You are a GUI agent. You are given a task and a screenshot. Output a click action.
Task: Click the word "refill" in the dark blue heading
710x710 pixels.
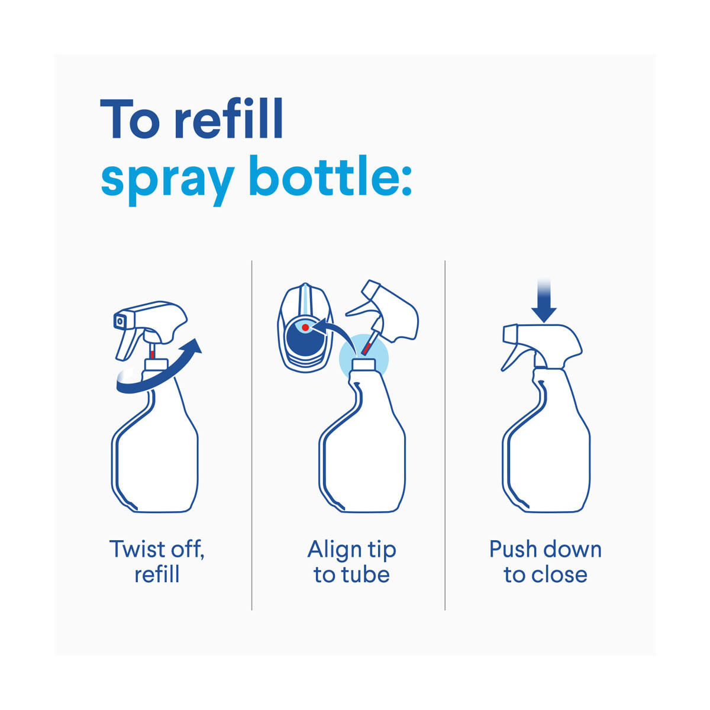coord(229,118)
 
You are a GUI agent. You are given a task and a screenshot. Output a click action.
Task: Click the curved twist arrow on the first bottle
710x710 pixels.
coord(159,376)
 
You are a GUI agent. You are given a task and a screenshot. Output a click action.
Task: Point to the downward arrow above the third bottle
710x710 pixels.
coord(544,301)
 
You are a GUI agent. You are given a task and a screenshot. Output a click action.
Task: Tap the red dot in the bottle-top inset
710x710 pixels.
coord(305,327)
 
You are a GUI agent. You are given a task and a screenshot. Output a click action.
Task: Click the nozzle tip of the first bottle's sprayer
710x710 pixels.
coord(120,321)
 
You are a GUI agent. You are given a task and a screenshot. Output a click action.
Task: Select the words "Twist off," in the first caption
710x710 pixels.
coord(157,550)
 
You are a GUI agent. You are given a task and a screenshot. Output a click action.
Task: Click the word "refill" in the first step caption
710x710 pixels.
coord(157,575)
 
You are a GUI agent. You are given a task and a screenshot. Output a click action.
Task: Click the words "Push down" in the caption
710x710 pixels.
coord(546,550)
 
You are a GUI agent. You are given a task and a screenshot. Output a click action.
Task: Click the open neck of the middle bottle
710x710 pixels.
coord(364,364)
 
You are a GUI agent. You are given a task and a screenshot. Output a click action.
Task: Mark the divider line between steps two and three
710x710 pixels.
coord(445,435)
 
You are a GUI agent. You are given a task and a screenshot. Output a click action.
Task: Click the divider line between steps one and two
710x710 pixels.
coord(251,435)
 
